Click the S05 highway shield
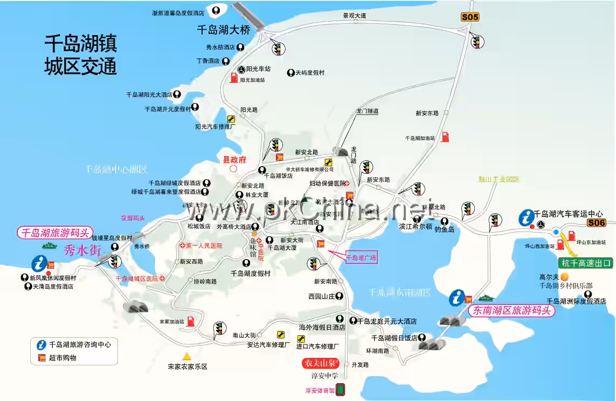pyautogui.click(x=470, y=17)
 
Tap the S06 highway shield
pyautogui.click(x=597, y=223)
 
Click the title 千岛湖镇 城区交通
pyautogui.click(x=80, y=55)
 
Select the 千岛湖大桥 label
pyautogui.click(x=223, y=30)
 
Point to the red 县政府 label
pyautogui.click(x=234, y=159)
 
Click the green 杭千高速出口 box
pyautogui.click(x=587, y=263)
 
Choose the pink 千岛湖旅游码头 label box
pyautogui.click(x=54, y=233)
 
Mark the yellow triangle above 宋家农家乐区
pyautogui.click(x=186, y=356)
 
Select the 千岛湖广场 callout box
pyautogui.click(x=361, y=258)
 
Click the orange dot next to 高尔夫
pyautogui.click(x=564, y=276)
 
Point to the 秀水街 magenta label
pyautogui.click(x=82, y=250)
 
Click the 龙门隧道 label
pyautogui.click(x=367, y=111)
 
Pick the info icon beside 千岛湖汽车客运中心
pyautogui.click(x=525, y=218)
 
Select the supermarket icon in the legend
pyautogui.click(x=41, y=357)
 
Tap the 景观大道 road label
pyautogui.click(x=355, y=16)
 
